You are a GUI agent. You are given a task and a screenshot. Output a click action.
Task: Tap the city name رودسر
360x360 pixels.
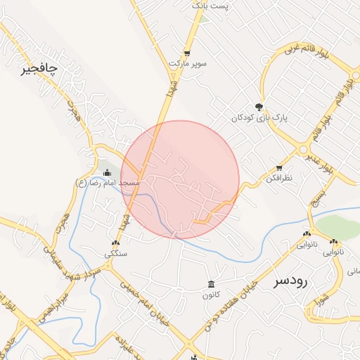pyautogui.click(x=290, y=281)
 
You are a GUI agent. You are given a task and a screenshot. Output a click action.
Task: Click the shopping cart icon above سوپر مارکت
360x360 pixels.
pyautogui.click(x=187, y=53)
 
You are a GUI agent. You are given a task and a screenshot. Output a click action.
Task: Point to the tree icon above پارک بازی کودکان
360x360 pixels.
pyautogui.click(x=259, y=107)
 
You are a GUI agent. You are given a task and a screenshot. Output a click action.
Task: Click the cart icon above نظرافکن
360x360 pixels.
pyautogui.click(x=279, y=168)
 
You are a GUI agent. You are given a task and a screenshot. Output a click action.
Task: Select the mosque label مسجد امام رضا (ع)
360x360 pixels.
pyautogui.click(x=108, y=183)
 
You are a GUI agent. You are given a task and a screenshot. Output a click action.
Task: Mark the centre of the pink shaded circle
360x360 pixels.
pyautogui.click(x=181, y=180)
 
